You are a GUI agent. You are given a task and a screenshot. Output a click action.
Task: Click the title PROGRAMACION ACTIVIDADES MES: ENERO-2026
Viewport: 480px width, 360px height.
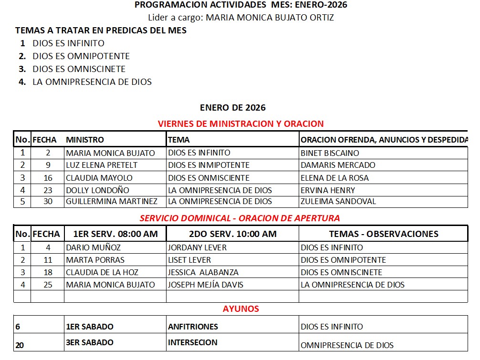[x=241, y=5]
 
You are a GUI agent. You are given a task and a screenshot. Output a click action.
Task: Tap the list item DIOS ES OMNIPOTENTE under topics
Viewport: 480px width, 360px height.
[x=81, y=56]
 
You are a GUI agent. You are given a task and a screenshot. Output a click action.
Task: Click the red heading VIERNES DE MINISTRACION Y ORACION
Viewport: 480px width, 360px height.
[x=240, y=123]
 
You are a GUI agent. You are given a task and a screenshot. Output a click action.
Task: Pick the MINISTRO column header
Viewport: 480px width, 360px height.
[x=85, y=140]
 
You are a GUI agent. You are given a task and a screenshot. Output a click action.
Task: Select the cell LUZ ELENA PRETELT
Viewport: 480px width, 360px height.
[x=102, y=165]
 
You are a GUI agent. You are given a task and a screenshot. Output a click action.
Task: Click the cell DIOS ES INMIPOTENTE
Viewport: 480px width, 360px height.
[x=209, y=165]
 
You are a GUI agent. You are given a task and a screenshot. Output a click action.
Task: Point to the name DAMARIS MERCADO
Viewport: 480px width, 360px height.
[x=338, y=165]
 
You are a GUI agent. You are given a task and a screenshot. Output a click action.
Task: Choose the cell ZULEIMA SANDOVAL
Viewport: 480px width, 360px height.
[x=338, y=201]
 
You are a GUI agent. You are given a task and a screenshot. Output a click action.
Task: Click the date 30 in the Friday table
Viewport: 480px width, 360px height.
[x=48, y=201]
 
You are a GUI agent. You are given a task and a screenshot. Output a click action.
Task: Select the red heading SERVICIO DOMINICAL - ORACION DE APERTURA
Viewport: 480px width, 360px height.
[x=240, y=218]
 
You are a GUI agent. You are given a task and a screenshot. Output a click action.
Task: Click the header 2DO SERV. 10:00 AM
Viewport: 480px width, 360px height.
[x=232, y=234]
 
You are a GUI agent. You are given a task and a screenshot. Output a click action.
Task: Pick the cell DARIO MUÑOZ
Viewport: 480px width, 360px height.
[x=94, y=247]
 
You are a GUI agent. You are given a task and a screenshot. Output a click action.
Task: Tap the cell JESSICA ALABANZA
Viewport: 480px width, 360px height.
[x=203, y=272]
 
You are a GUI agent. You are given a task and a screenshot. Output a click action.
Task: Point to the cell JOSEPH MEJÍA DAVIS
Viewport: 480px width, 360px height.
[x=206, y=285]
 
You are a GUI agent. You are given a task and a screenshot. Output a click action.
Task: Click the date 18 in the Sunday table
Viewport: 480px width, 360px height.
[x=48, y=272]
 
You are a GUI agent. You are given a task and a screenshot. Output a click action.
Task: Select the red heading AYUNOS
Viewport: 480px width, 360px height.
[x=240, y=309]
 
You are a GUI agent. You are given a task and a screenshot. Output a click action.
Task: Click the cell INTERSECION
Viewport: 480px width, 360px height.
[x=193, y=342]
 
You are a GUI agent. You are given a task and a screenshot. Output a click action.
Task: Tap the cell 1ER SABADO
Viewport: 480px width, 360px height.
[x=90, y=327]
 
